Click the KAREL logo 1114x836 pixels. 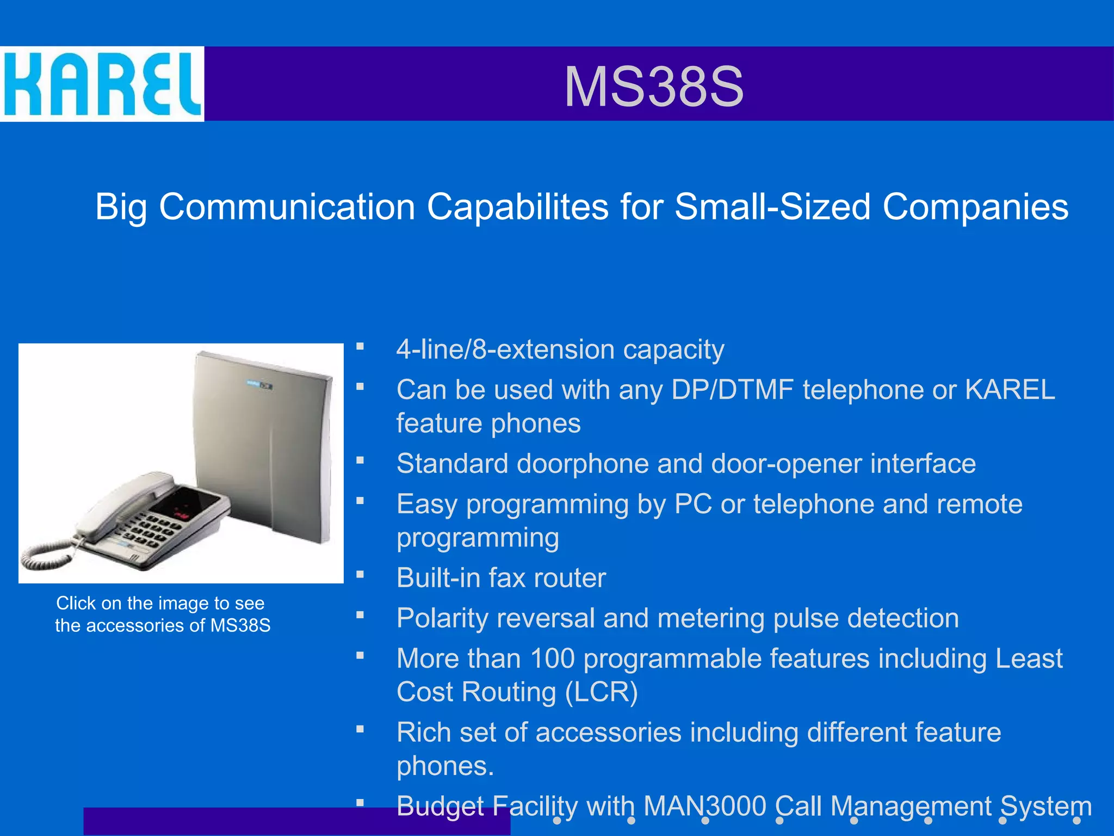[x=102, y=84]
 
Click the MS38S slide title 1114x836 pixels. [x=653, y=87]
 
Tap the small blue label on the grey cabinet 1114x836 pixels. [x=259, y=385]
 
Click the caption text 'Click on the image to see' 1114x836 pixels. [x=160, y=603]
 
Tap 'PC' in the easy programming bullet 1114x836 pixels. [x=692, y=505]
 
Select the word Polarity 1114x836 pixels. [x=436, y=619]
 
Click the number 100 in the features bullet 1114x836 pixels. [x=552, y=659]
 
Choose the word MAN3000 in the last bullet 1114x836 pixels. [x=704, y=806]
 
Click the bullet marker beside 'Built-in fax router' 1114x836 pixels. [x=360, y=574]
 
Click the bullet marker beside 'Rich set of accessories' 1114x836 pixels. [x=360, y=729]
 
